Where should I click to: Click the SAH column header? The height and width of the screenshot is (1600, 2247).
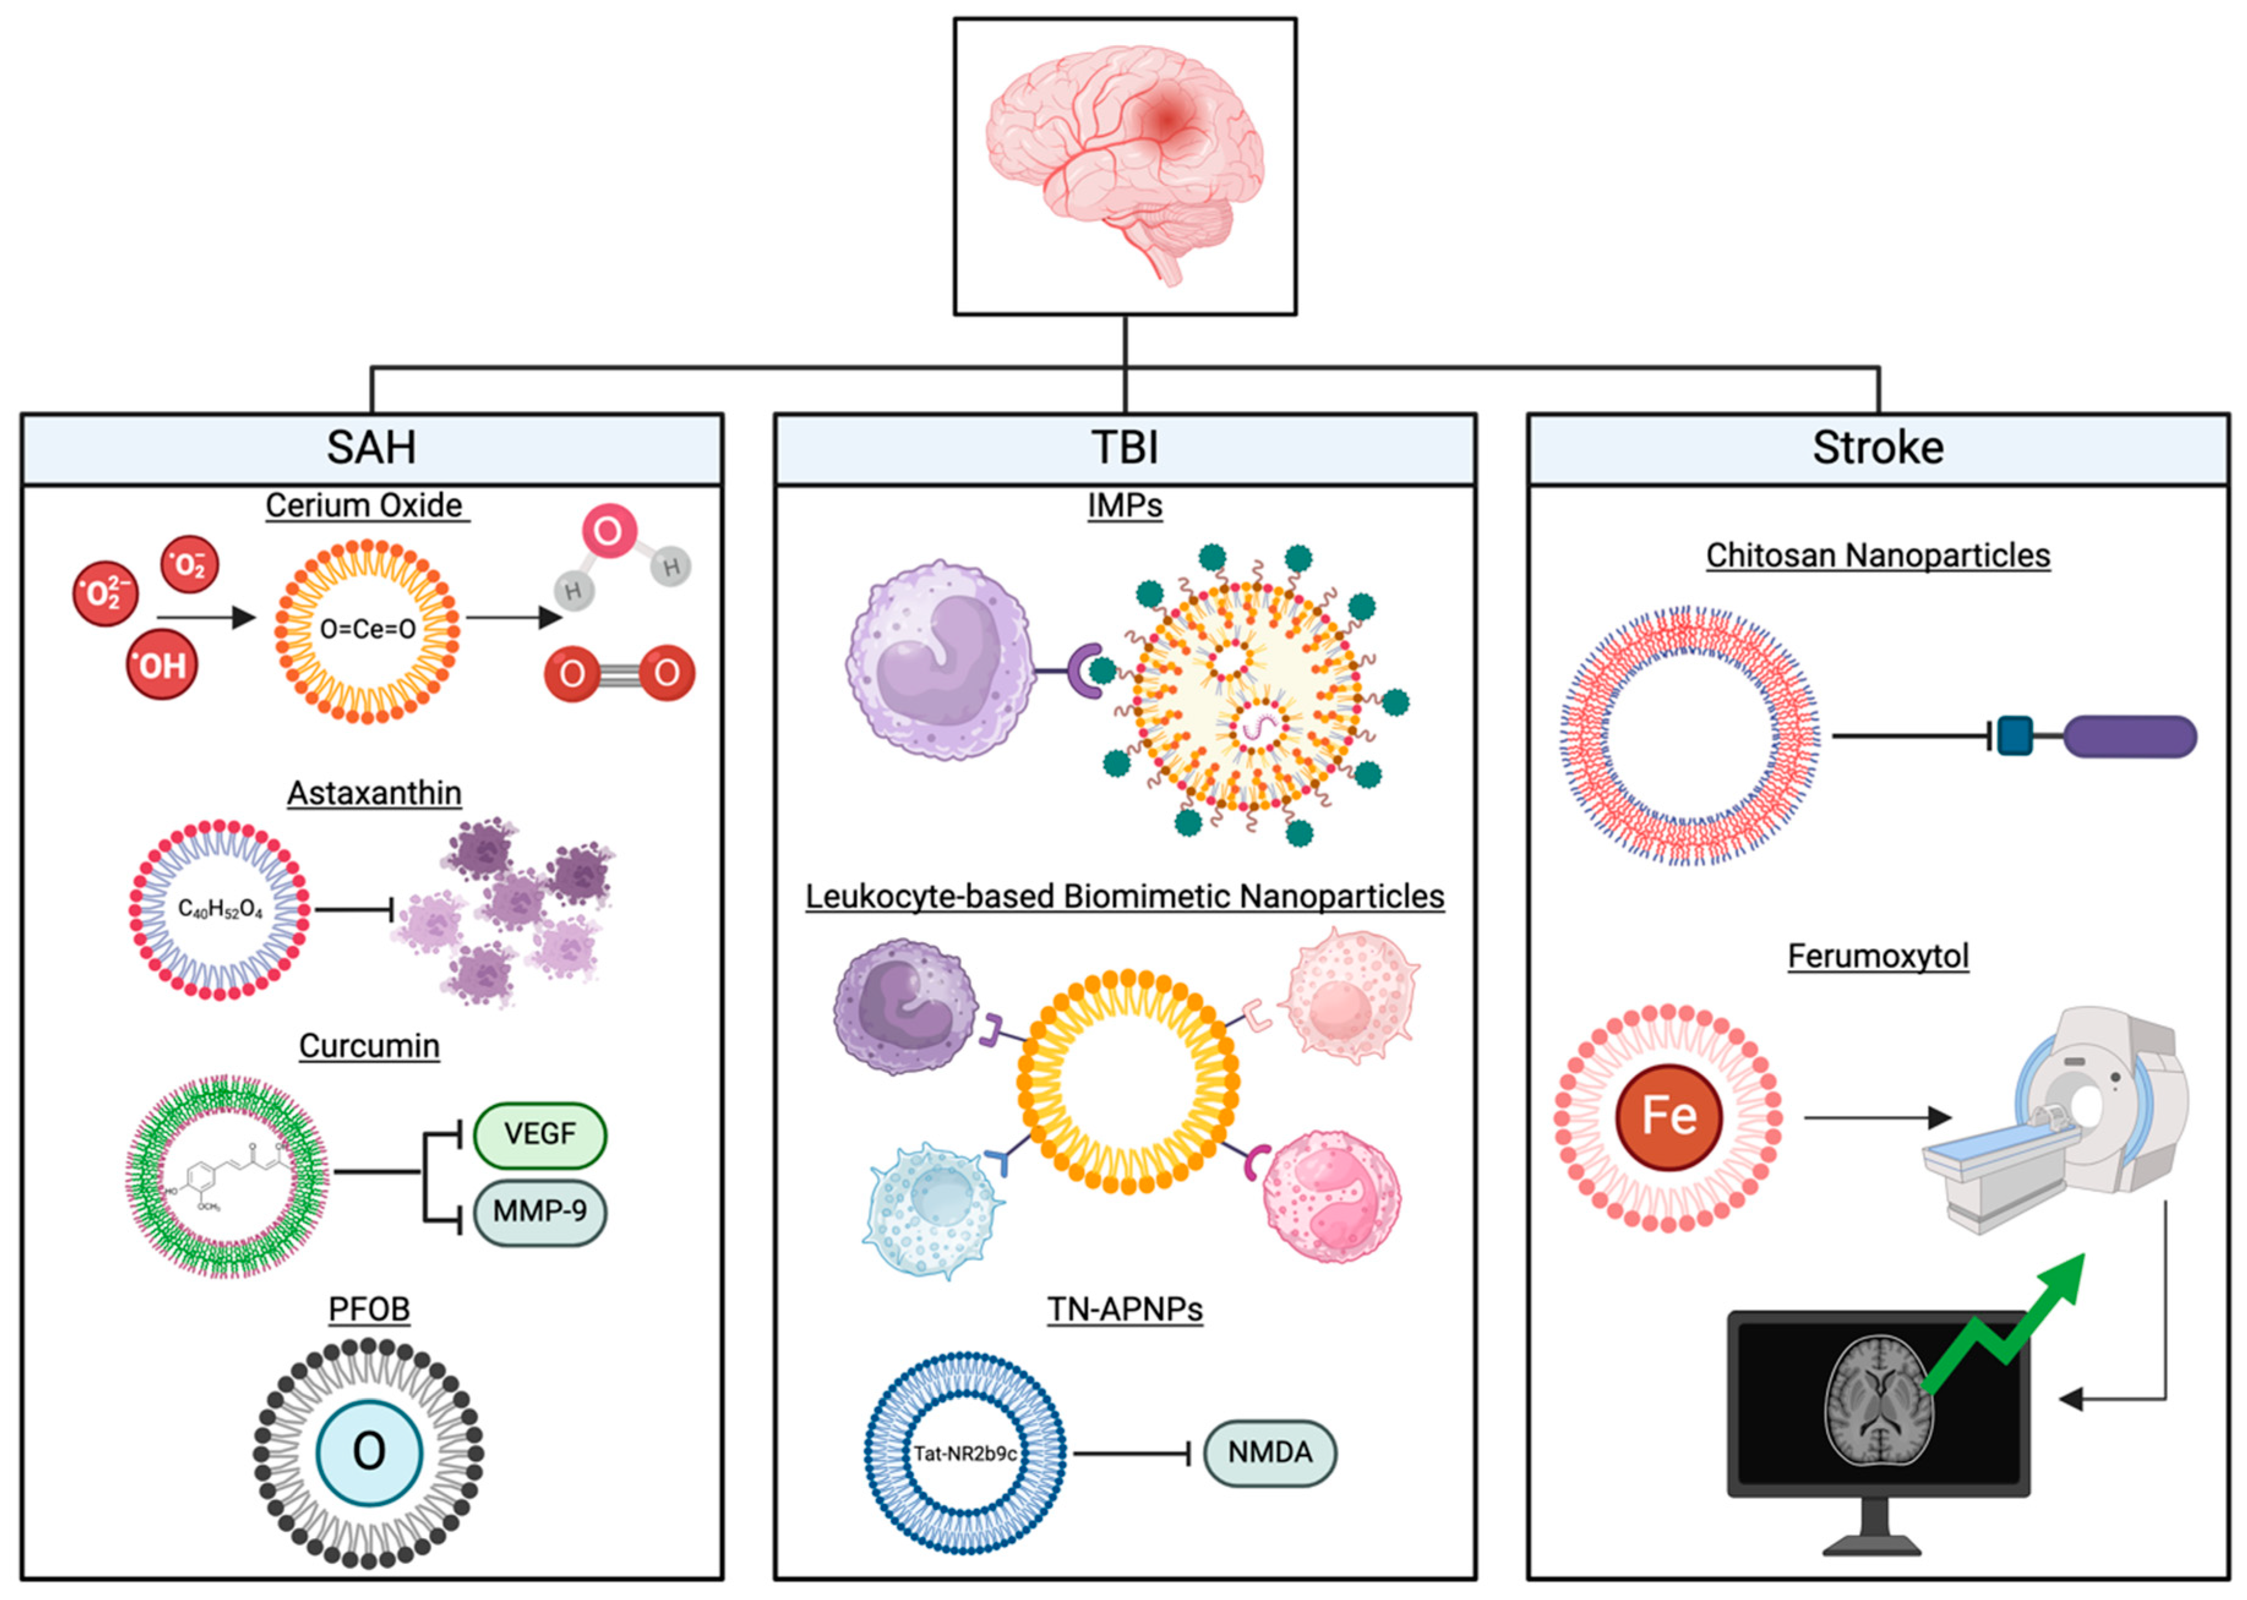coord(372,448)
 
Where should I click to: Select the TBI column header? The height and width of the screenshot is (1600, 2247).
coord(1125,448)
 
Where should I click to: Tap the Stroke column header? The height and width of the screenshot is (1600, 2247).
coord(1877,448)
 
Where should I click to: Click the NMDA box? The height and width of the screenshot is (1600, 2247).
coord(1269,1452)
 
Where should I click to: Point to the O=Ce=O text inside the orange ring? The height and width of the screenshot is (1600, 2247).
coord(367,629)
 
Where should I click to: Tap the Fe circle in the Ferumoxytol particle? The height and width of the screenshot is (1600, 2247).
coord(1668,1116)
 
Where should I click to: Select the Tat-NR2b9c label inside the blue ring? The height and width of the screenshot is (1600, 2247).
coord(965,1453)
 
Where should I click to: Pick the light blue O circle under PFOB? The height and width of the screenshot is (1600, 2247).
coord(369,1451)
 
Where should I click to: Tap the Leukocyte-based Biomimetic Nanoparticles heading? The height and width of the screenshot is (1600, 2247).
coord(1125,897)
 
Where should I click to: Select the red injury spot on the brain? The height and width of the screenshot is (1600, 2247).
coord(1167,120)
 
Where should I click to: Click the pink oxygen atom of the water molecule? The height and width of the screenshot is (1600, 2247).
coord(608,531)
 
